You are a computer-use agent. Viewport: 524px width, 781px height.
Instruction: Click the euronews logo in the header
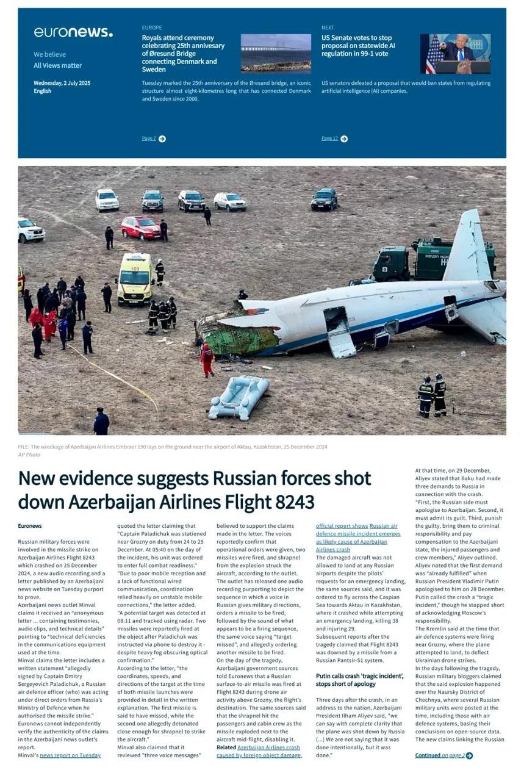[73, 32]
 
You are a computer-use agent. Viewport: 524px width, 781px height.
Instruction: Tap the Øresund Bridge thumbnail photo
[276, 54]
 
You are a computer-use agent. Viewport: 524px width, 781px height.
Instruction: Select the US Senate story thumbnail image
[455, 54]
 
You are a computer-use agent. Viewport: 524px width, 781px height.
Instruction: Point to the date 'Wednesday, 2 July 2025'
[62, 83]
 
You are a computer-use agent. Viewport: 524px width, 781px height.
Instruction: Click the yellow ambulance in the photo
[134, 278]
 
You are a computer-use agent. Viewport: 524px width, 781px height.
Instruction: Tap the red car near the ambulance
[140, 228]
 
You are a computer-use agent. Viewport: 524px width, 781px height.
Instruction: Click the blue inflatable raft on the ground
[239, 397]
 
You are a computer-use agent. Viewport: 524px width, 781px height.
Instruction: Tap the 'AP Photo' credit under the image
[29, 455]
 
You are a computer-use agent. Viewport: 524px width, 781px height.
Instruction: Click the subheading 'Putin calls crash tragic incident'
[359, 680]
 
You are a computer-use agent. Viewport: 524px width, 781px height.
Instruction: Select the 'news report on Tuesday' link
[70, 755]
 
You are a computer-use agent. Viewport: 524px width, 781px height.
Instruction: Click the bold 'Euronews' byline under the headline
[30, 526]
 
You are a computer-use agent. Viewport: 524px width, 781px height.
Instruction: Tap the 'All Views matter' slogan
[57, 65]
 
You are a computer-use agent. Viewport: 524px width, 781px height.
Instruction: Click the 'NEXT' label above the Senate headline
[328, 27]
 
